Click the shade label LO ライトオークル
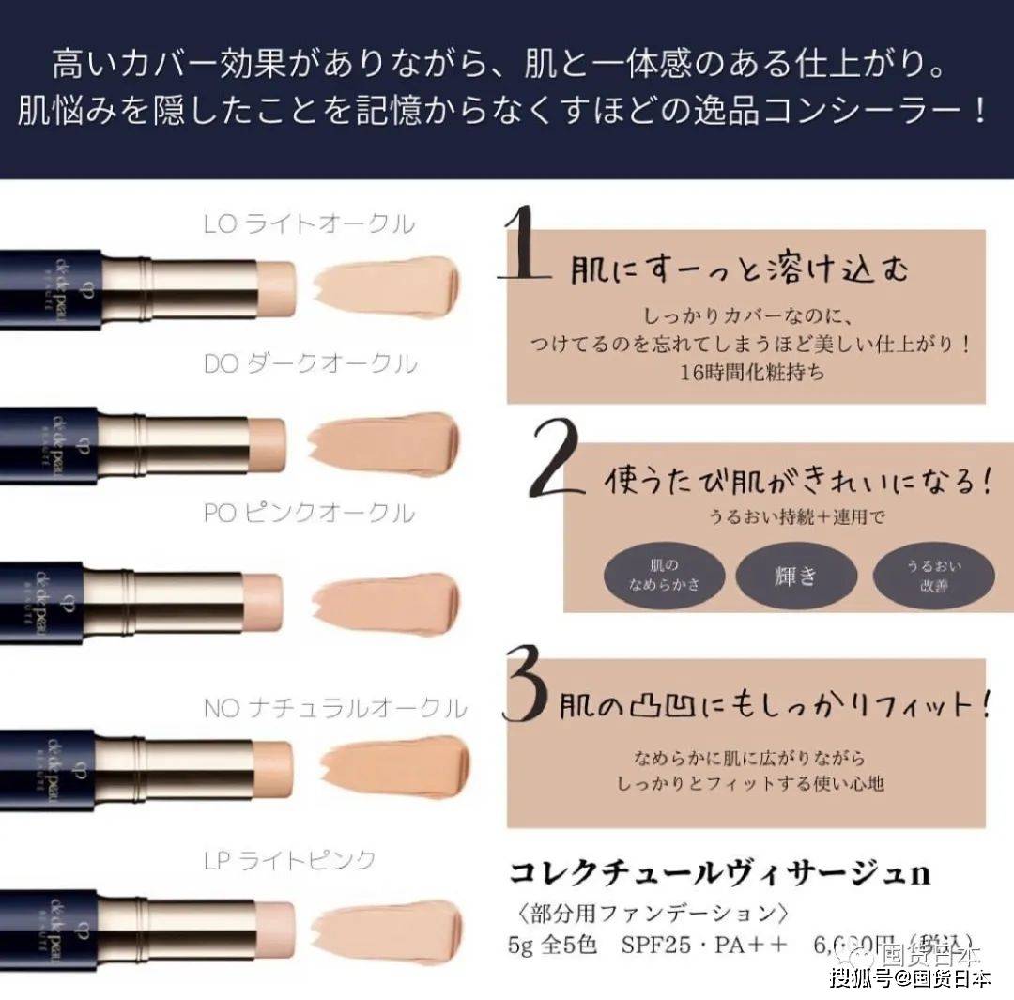tap(309, 224)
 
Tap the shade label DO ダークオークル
tap(310, 364)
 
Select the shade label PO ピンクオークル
tap(309, 513)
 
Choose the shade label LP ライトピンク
tap(290, 859)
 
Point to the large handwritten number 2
tap(555, 459)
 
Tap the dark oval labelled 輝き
tap(795, 575)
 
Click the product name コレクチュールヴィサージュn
tap(718, 873)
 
